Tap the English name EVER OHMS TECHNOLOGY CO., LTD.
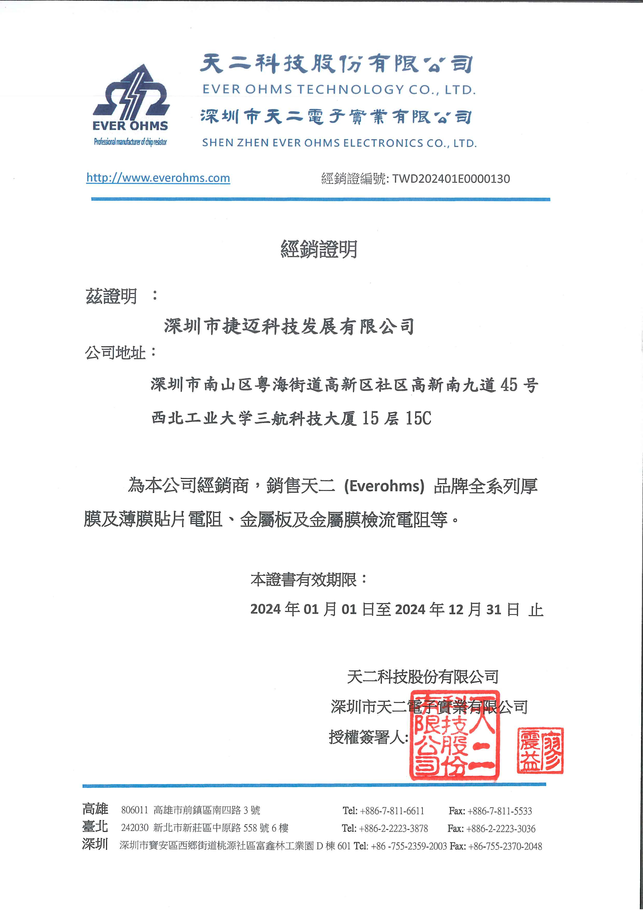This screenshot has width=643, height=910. coord(339,90)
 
